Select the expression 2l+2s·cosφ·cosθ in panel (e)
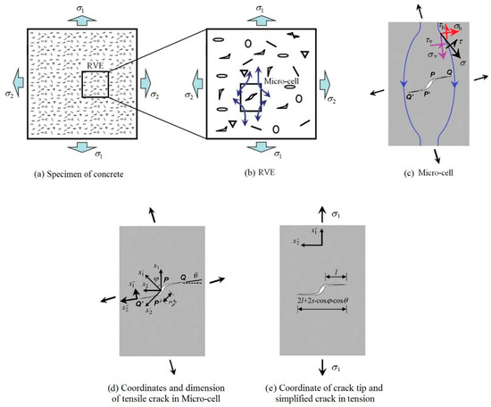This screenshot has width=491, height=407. (349, 301)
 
